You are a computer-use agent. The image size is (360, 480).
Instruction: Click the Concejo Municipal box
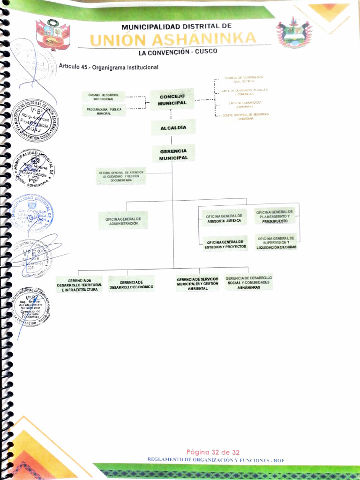click(172, 99)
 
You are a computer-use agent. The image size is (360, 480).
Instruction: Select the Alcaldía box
click(173, 127)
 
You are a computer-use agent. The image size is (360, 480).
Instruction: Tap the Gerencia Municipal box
click(173, 154)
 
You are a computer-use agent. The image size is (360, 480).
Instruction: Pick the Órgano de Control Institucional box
click(103, 97)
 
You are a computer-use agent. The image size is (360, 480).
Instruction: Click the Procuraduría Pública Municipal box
click(104, 112)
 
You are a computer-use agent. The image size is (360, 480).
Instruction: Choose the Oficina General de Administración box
click(123, 221)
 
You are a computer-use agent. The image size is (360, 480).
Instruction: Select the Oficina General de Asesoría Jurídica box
click(224, 218)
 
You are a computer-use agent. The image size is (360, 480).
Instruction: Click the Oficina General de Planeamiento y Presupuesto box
click(275, 216)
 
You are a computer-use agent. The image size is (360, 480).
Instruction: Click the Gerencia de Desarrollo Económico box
click(131, 284)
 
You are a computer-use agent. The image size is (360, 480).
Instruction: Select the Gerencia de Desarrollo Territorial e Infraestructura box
click(79, 285)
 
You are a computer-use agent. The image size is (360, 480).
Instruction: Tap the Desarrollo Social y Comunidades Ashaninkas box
click(248, 282)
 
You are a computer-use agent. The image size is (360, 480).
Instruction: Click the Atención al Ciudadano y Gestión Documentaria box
click(121, 176)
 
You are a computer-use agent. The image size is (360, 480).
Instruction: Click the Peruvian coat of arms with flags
click(52, 35)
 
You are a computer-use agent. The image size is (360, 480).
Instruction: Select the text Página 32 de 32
click(213, 452)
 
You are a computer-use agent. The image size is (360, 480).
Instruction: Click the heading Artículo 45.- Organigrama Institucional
click(109, 67)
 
